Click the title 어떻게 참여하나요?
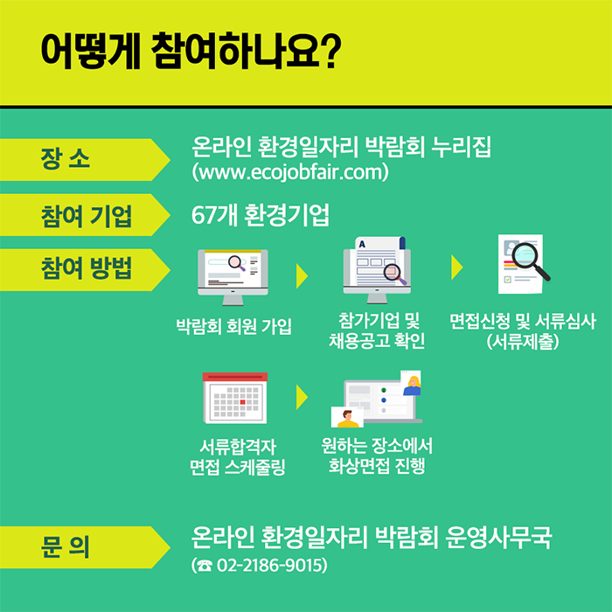tap(191, 52)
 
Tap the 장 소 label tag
tap(85, 160)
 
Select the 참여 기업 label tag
tap(85, 215)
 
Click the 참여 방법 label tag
tap(85, 269)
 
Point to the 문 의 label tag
tap(85, 547)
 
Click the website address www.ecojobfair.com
tap(290, 172)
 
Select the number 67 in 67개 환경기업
tap(205, 215)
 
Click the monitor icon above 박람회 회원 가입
tap(233, 277)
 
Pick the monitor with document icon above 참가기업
tap(377, 270)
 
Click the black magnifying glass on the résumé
tap(531, 261)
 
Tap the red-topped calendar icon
tap(235, 398)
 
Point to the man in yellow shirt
tap(347, 419)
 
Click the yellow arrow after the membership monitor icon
tap(303, 276)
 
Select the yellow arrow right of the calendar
tap(303, 397)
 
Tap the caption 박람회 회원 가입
tap(233, 326)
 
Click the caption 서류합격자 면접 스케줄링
tap(237, 456)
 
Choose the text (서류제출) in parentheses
tap(523, 342)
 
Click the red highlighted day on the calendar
tap(242, 402)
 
